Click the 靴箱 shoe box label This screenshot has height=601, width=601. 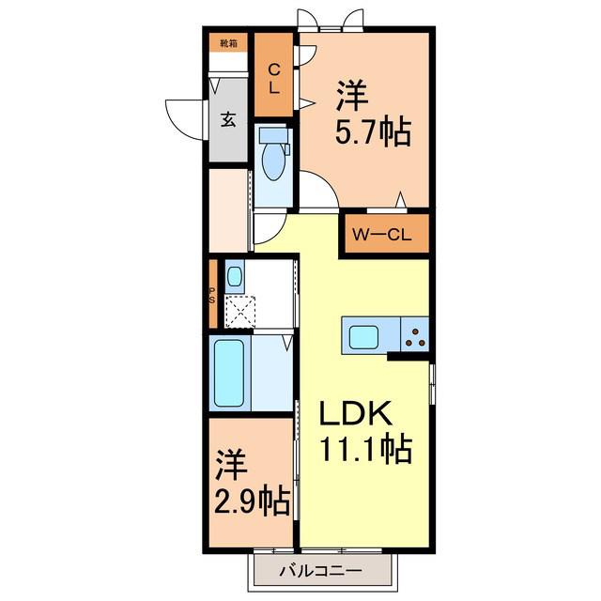(228, 43)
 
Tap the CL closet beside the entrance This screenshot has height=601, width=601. (274, 75)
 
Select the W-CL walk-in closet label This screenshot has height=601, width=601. (382, 235)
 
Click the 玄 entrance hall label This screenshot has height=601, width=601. (228, 120)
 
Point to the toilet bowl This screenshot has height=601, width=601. (273, 162)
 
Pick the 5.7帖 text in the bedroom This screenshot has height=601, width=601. (373, 132)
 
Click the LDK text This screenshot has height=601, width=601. (356, 413)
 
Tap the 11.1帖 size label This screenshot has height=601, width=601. (365, 449)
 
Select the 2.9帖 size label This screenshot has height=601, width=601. (252, 501)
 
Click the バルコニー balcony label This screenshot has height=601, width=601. (320, 572)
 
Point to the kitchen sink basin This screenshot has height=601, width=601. (364, 335)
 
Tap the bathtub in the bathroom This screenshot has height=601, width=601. (229, 374)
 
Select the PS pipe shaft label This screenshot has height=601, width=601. (212, 295)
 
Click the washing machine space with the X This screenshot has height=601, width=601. (240, 312)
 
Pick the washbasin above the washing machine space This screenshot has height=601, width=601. (234, 277)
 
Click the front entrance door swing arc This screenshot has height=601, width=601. (180, 123)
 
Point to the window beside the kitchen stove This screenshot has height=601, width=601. (432, 384)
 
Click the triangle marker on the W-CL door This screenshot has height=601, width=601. (401, 199)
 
